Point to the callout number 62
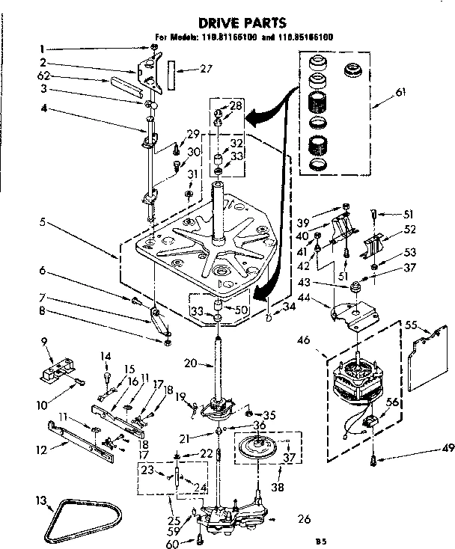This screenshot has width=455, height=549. pyautogui.click(x=44, y=76)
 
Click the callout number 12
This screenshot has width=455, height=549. pyautogui.click(x=43, y=450)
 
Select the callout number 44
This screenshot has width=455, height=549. pyautogui.click(x=324, y=298)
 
